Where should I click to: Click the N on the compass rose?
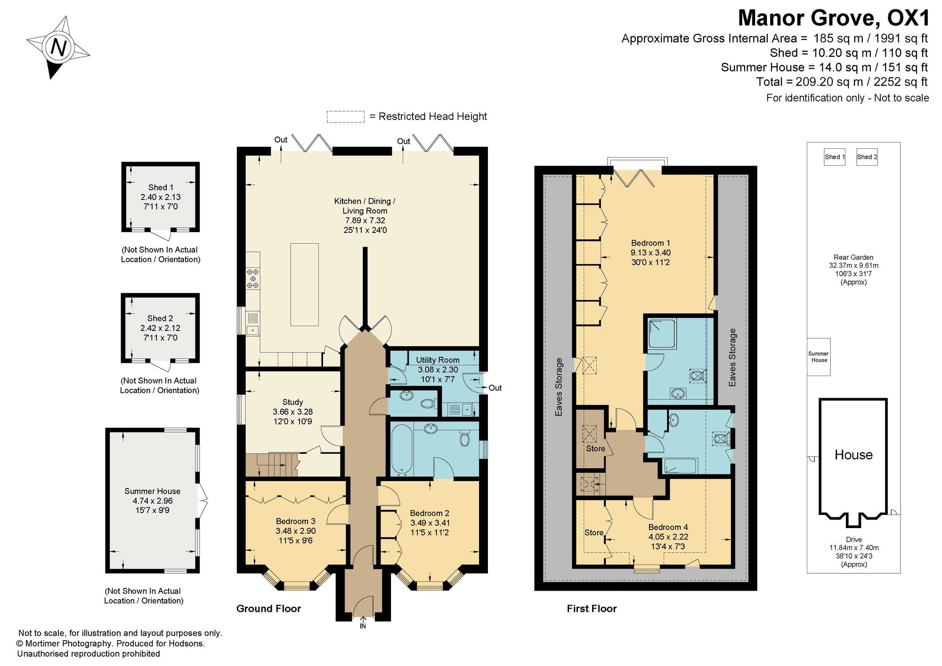(x=58, y=48)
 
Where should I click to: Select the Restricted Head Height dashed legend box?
(x=346, y=117)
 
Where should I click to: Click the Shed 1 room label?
(x=161, y=187)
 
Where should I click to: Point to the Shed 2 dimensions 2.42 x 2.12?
(x=160, y=328)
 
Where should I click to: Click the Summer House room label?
(x=152, y=491)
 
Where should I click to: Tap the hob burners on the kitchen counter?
(x=253, y=279)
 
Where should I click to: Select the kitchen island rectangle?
(x=304, y=284)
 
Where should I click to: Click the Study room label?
(x=292, y=402)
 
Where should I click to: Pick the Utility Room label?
(x=438, y=360)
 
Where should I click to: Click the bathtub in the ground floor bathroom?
(x=402, y=449)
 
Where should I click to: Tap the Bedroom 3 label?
(x=295, y=521)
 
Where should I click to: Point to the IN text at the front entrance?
(x=363, y=626)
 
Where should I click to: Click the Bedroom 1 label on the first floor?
(x=650, y=243)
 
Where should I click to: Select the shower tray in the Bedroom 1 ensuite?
(x=662, y=334)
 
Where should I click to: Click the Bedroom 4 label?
(x=668, y=527)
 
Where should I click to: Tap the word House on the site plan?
(x=853, y=455)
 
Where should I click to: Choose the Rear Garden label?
(x=853, y=257)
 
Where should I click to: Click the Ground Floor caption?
(x=268, y=609)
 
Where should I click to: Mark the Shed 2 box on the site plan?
(x=867, y=157)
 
